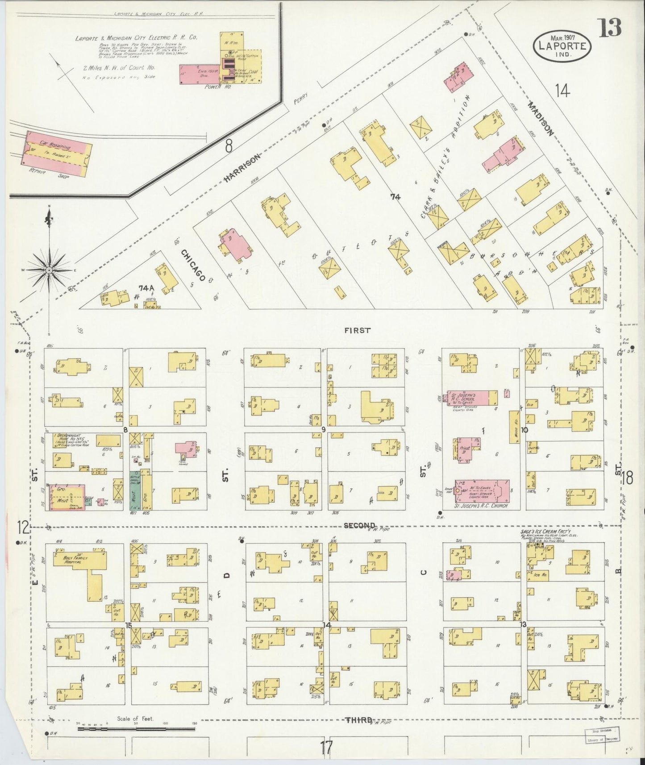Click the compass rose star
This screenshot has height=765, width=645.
tap(49, 270)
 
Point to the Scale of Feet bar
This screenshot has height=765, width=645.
tap(136, 729)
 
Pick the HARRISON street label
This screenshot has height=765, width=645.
tap(241, 168)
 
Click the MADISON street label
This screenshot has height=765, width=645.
tap(541, 118)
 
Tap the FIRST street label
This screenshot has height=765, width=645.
tap(358, 330)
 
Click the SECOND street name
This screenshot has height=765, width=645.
tap(360, 525)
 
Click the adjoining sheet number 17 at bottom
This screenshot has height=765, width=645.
tap(326, 745)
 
